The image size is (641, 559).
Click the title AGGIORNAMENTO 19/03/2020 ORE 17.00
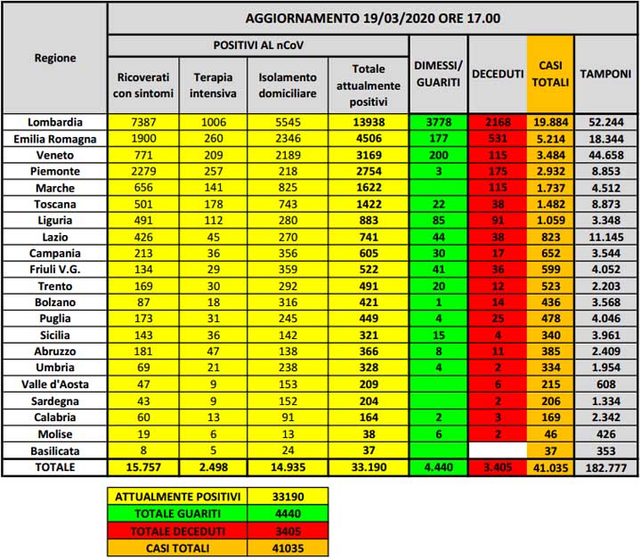[x=372, y=18]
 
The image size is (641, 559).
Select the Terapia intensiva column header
[x=213, y=85]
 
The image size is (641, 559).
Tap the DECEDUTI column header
[x=497, y=75]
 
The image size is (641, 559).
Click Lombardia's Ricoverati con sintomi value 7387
[x=142, y=122]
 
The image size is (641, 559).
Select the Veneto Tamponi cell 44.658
[x=607, y=155]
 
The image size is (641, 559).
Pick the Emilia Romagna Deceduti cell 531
[x=497, y=139]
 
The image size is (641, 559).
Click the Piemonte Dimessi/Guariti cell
[x=438, y=172]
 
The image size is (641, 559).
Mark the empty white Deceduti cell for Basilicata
[x=497, y=450]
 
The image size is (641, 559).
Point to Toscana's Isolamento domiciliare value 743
[x=288, y=205]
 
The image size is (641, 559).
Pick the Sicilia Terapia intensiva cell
[x=213, y=336]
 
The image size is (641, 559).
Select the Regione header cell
[x=55, y=59]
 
